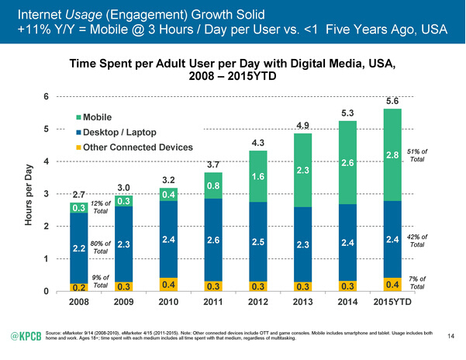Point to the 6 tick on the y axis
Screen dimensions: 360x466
(47, 97)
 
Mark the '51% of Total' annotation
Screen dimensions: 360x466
(419, 155)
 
